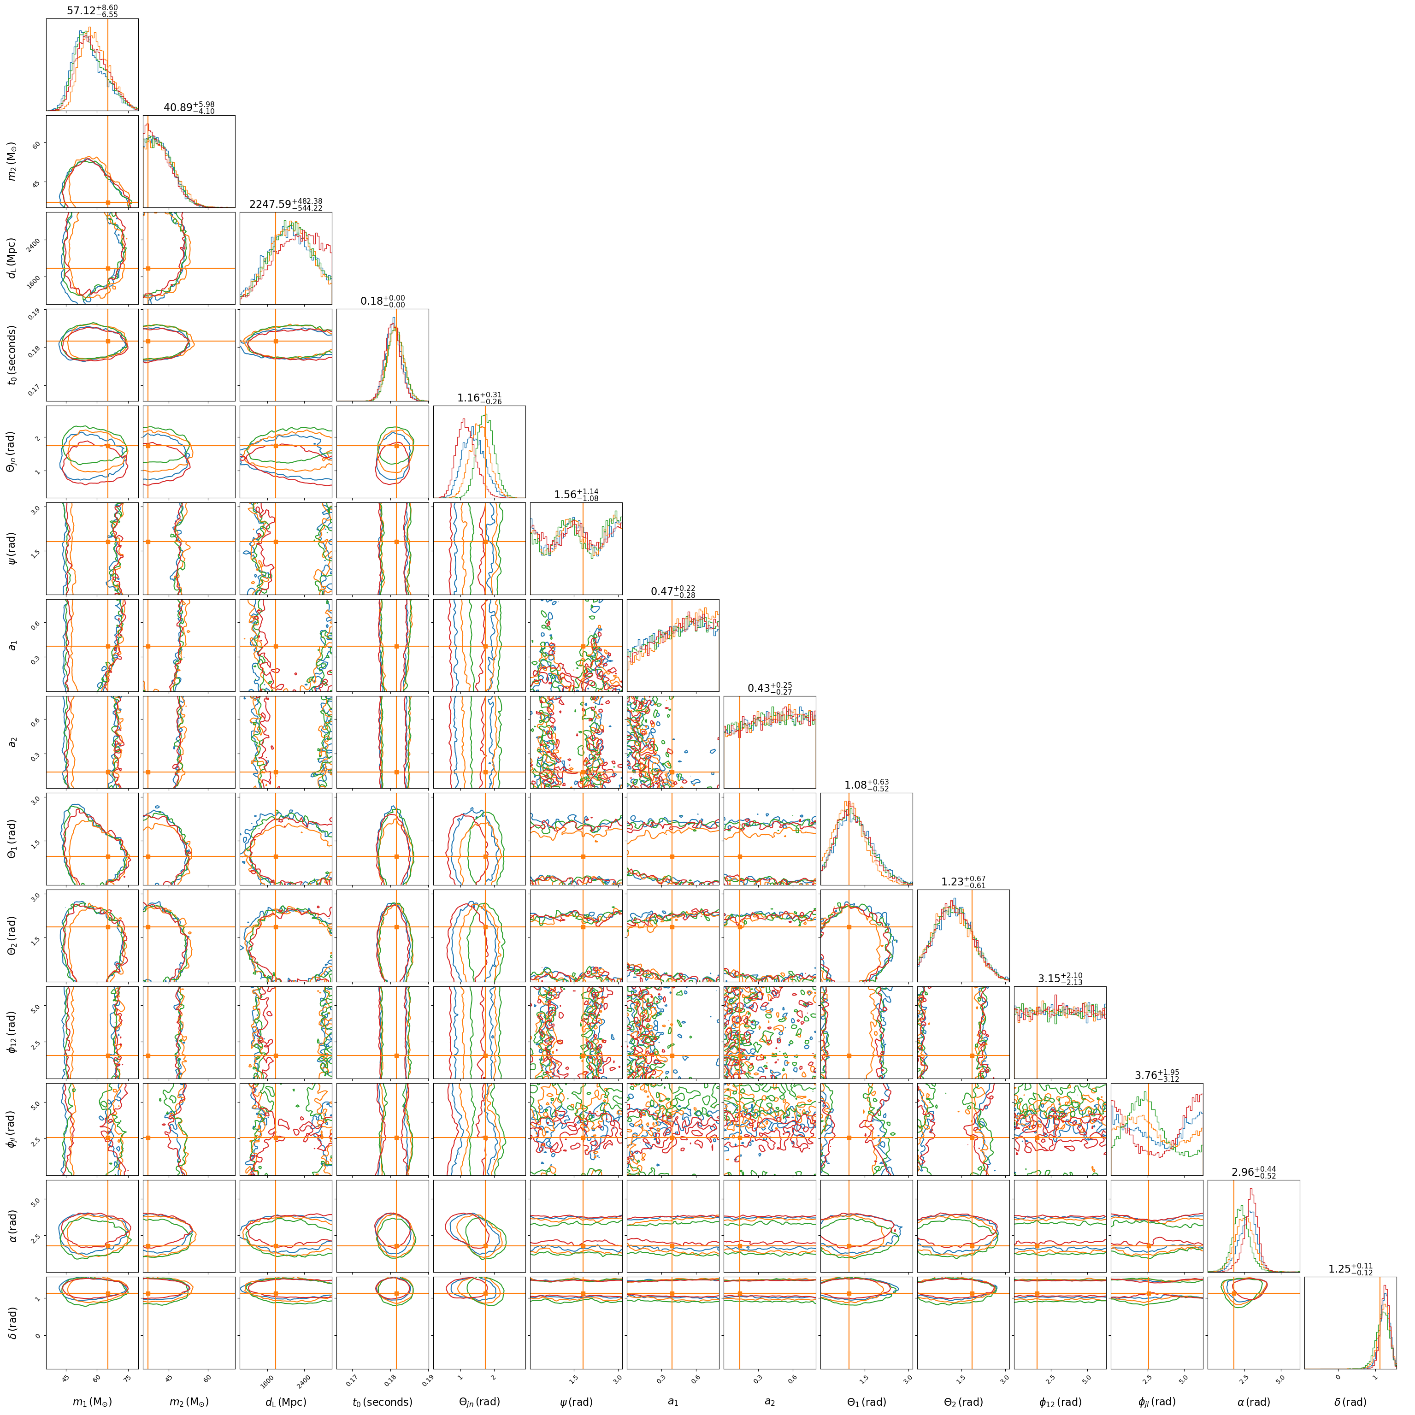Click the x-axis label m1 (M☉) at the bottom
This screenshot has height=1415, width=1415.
click(92, 1402)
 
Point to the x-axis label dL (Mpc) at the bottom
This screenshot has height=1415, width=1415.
click(286, 1402)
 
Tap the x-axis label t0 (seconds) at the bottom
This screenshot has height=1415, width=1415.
click(382, 1402)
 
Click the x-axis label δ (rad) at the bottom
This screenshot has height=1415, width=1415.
click(1350, 1402)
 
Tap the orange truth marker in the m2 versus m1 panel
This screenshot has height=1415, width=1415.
click(108, 202)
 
